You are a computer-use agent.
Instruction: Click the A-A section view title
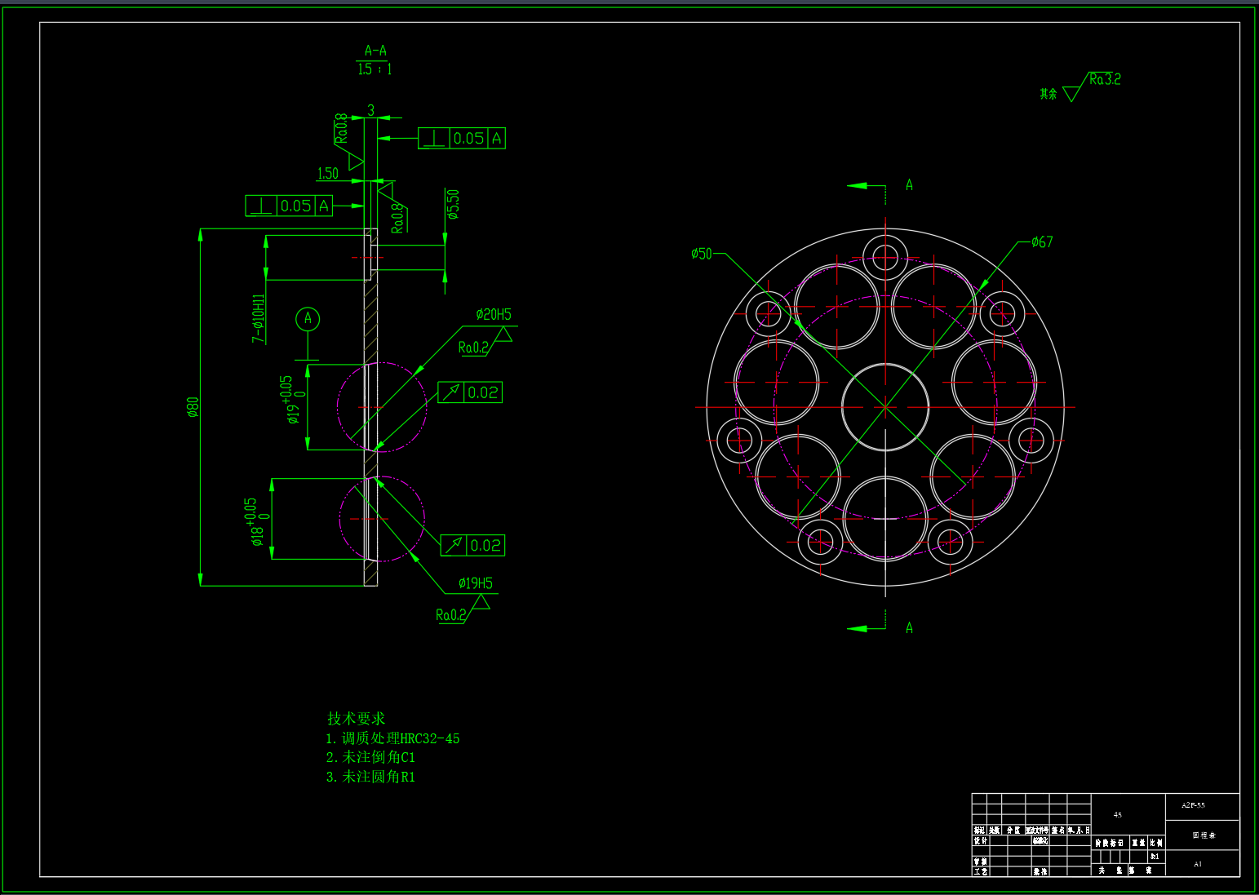(x=375, y=51)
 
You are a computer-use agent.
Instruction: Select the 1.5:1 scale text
(x=375, y=69)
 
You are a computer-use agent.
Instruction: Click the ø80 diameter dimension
(x=193, y=406)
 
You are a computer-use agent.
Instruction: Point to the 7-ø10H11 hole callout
(x=259, y=318)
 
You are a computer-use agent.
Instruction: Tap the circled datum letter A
(x=308, y=318)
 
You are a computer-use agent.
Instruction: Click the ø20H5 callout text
(x=494, y=314)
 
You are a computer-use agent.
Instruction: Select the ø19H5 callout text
(x=476, y=583)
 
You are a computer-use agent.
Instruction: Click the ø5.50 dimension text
(x=454, y=204)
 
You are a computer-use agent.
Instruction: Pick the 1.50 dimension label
(x=327, y=173)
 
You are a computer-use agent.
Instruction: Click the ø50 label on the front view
(x=701, y=254)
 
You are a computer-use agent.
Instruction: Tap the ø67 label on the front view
(x=1042, y=241)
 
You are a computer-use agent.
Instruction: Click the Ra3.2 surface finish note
(x=1105, y=79)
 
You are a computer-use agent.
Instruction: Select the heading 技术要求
(x=356, y=718)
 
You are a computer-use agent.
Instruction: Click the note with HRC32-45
(x=393, y=738)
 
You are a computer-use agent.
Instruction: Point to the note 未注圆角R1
(x=371, y=777)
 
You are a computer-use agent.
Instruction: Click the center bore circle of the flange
(x=885, y=406)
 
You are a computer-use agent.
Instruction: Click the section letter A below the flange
(x=909, y=627)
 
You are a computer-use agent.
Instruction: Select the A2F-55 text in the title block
(x=1193, y=805)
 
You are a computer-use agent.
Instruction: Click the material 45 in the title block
(x=1118, y=814)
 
